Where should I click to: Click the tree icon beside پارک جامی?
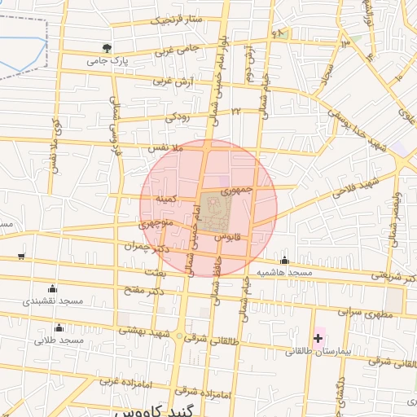click(x=107, y=48)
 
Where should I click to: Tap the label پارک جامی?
click(x=108, y=61)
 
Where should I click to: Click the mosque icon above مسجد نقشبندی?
click(x=54, y=288)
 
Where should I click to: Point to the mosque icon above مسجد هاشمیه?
click(x=284, y=261)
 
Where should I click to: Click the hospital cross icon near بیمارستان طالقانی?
click(x=318, y=337)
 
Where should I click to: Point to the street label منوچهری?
click(x=155, y=222)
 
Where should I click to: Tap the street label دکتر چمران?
click(x=146, y=246)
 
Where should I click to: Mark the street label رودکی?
click(x=177, y=118)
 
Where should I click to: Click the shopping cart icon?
click(x=20, y=257)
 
